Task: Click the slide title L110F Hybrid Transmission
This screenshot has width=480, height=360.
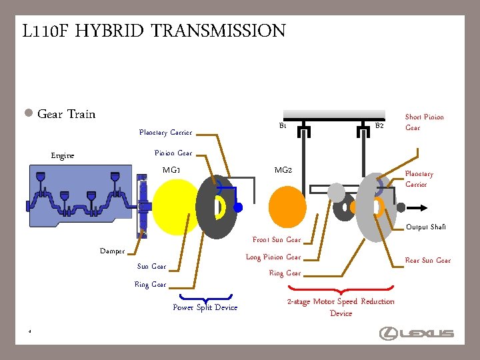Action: tap(154, 31)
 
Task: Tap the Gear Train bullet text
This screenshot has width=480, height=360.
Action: tap(66, 114)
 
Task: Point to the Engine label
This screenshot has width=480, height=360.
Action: tap(63, 156)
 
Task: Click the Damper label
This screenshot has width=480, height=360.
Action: tap(112, 251)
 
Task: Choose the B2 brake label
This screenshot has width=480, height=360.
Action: tap(379, 125)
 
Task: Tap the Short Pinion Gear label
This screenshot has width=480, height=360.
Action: tap(424, 122)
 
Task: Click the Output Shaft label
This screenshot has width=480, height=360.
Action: tap(426, 227)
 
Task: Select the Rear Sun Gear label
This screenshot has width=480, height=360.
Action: tap(428, 261)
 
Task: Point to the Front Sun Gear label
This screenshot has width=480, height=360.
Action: tap(276, 240)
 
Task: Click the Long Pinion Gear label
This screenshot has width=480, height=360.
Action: tap(273, 257)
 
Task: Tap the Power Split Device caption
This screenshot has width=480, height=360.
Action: tap(205, 307)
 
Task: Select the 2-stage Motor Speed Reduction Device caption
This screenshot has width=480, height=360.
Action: tap(341, 307)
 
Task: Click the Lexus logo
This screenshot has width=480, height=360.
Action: tap(417, 333)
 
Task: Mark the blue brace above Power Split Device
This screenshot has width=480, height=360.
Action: tap(205, 297)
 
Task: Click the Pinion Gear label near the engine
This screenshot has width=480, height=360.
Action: tap(173, 153)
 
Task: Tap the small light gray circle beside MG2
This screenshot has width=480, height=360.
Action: tap(337, 193)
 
